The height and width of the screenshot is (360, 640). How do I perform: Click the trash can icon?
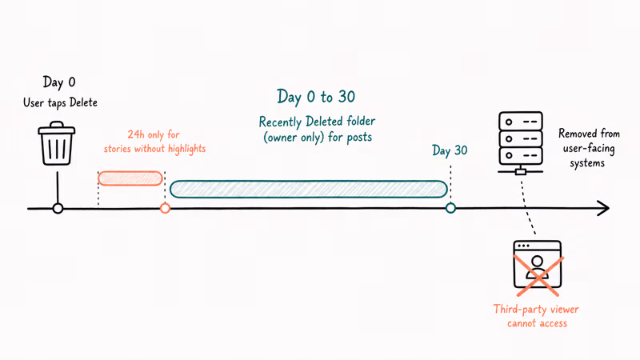[x=56, y=143]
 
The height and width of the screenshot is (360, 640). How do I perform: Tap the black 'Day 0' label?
[x=59, y=82]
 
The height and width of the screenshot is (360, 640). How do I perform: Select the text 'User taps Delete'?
[x=61, y=102]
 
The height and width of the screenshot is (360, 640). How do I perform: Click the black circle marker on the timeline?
[x=58, y=209]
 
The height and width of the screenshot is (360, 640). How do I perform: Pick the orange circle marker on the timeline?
[x=165, y=209]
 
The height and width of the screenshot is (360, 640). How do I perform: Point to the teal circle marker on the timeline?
[x=450, y=208]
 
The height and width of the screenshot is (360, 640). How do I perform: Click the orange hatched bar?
[x=130, y=178]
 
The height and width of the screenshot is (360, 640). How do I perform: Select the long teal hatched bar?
[x=309, y=189]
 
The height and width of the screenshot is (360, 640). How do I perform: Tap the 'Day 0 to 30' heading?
[x=316, y=97]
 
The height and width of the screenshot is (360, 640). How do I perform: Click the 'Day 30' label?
[x=450, y=150]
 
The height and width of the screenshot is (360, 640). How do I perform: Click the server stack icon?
[x=521, y=143]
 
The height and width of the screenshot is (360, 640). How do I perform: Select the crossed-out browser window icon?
[x=538, y=267]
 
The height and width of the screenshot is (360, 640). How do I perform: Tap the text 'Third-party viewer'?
[x=536, y=310]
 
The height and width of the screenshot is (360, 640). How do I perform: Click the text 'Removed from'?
[x=589, y=134]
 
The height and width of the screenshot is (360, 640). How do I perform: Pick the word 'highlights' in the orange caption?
[x=187, y=149]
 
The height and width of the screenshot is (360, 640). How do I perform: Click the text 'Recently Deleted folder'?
[x=317, y=122]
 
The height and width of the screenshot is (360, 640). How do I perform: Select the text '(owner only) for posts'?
[x=318, y=137]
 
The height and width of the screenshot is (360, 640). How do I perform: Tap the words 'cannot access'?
[x=537, y=324]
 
